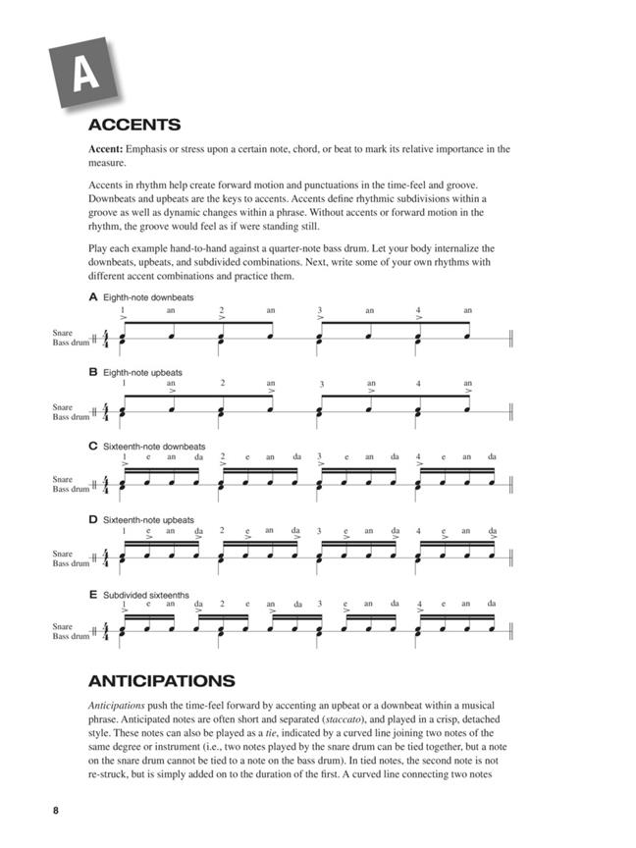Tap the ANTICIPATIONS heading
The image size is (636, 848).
point(162,680)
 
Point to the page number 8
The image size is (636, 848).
point(57,810)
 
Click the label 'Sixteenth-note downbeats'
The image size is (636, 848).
point(154,447)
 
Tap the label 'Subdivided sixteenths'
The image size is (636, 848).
point(146,594)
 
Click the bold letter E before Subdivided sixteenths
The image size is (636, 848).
point(92,594)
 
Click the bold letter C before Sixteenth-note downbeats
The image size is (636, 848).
point(92,447)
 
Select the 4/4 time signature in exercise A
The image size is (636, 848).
point(106,340)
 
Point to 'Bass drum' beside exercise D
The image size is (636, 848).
point(71,563)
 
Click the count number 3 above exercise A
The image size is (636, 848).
point(320,310)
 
